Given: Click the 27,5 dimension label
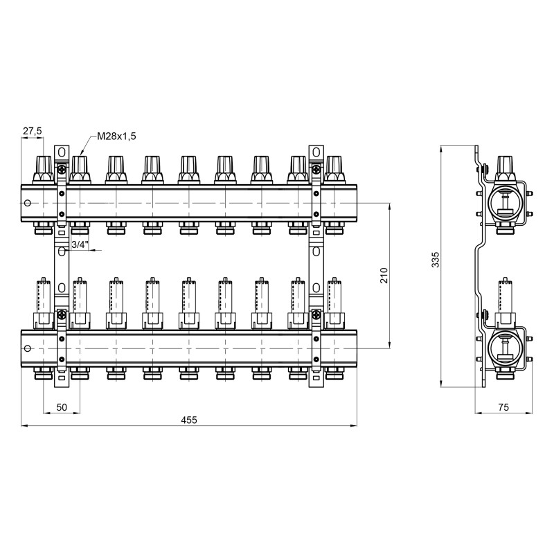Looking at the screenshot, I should click(x=33, y=131).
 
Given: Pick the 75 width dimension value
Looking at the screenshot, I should click(x=503, y=407).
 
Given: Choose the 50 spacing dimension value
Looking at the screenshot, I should click(x=61, y=407).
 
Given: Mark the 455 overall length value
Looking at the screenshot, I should click(x=189, y=420).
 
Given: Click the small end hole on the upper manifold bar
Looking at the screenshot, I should click(x=27, y=204).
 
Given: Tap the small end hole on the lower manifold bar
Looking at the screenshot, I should click(x=27, y=348).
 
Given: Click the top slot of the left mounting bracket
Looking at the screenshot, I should click(x=62, y=152).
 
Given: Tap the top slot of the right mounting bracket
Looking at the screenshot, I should click(x=315, y=152).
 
